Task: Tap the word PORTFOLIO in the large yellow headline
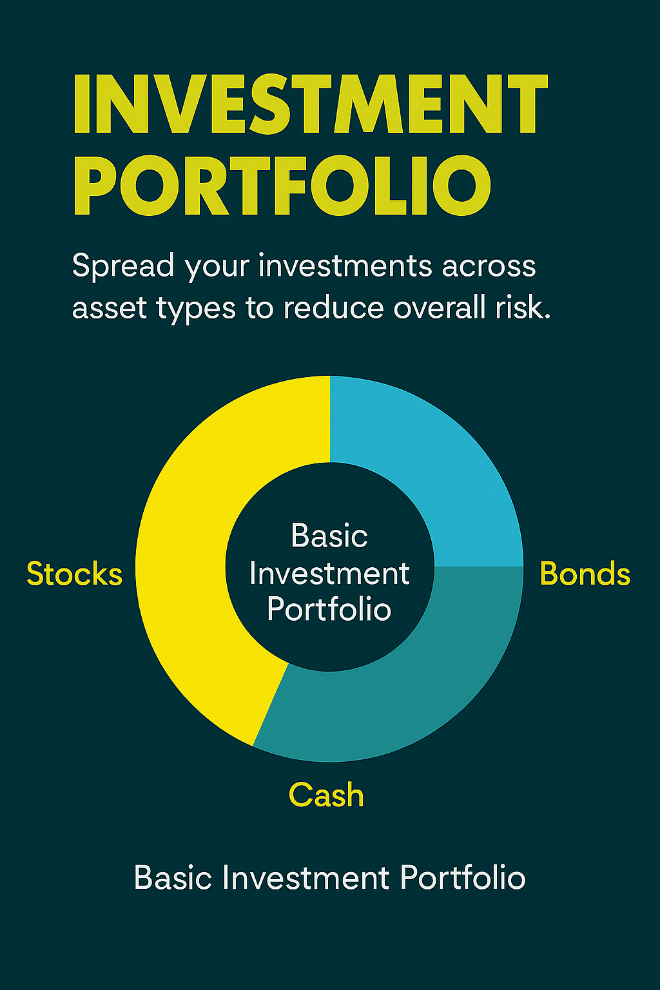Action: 282,185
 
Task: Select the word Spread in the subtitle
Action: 123,266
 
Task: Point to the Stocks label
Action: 74,574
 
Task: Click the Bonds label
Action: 585,574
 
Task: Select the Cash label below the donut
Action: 326,795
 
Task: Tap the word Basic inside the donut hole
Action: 329,536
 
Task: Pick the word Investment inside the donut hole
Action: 329,574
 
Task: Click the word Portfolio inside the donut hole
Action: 329,609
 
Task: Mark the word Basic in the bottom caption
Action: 173,878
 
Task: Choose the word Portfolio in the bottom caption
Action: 462,878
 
